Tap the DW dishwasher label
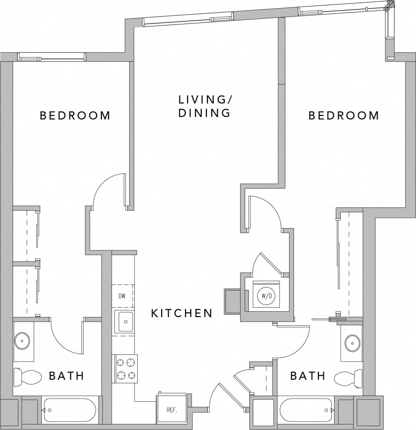click(122, 296)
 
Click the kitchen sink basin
click(124, 321)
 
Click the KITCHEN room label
click(182, 313)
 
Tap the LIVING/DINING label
click(204, 106)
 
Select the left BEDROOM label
click(75, 116)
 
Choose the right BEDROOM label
click(344, 116)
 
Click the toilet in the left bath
click(28, 376)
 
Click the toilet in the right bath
click(348, 377)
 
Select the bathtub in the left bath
click(70, 410)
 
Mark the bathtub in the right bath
click(306, 410)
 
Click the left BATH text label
click(67, 376)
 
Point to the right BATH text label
click(308, 376)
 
